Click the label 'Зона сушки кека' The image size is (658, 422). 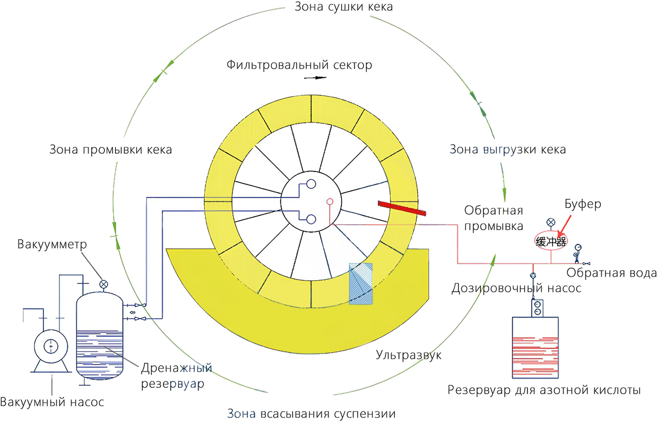[x=343, y=7]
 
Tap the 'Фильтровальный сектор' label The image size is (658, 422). [x=299, y=65]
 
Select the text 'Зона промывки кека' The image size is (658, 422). [x=110, y=150]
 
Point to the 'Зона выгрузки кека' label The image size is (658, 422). [x=507, y=149]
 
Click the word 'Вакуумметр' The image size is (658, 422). [x=52, y=244]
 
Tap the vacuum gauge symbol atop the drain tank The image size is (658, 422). [x=104, y=284]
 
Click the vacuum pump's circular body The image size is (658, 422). [x=51, y=347]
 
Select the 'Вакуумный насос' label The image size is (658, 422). [x=52, y=402]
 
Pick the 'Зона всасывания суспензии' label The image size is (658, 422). [x=311, y=414]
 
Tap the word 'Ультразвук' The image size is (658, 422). [x=408, y=355]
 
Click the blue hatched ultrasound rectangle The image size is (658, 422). [x=361, y=283]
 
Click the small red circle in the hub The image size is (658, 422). [x=330, y=201]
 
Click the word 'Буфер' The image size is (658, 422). [x=583, y=204]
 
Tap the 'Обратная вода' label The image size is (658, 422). [x=612, y=273]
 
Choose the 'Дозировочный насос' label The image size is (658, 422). [x=516, y=288]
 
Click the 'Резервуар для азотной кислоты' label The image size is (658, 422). [x=544, y=390]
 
